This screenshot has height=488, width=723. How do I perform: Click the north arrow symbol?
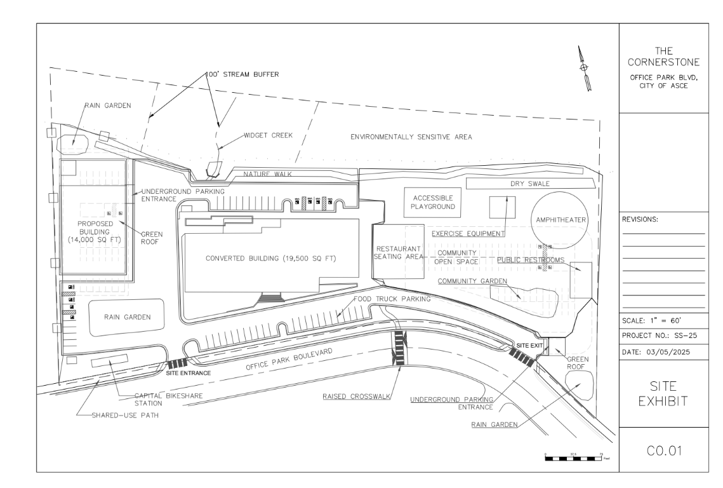[x=585, y=68]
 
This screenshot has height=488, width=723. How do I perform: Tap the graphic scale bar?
[x=574, y=456]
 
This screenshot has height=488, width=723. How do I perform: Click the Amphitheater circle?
[x=560, y=219]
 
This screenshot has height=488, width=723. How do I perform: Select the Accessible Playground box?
[x=433, y=202]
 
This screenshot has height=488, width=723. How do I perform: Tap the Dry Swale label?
[x=530, y=184]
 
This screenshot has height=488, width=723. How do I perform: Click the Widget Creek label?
[x=268, y=135]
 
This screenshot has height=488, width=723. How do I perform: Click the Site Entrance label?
[x=188, y=373]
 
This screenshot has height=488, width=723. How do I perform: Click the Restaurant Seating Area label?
[x=399, y=252]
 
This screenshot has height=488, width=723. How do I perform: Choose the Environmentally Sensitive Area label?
[x=411, y=137]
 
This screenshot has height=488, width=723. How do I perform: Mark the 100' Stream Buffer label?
[x=242, y=74]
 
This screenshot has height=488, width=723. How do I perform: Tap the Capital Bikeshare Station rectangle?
[x=110, y=362]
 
